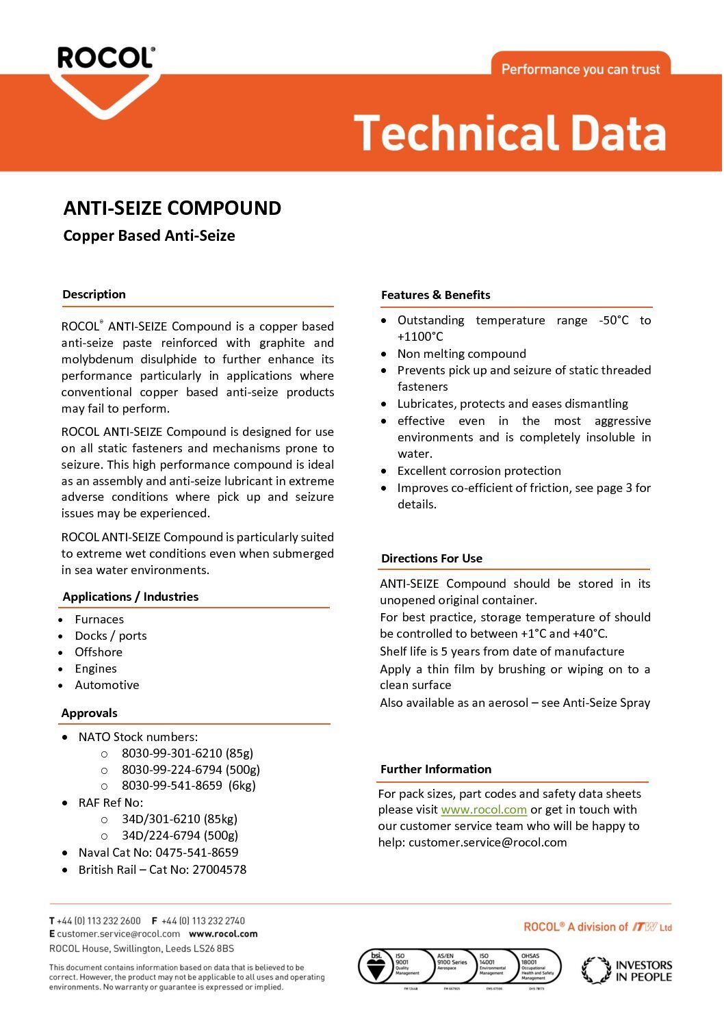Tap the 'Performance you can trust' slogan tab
click(x=580, y=69)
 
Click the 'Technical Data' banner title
click(x=510, y=133)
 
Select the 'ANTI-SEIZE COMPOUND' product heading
click(x=172, y=208)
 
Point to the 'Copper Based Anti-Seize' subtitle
click(x=149, y=235)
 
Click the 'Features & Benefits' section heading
click(x=435, y=295)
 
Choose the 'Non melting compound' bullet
click(x=461, y=354)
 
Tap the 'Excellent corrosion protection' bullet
click(x=479, y=471)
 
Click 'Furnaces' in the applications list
click(x=99, y=619)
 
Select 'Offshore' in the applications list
click(x=99, y=652)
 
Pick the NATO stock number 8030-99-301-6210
click(x=187, y=753)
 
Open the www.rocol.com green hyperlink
click(x=484, y=810)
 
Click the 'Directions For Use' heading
click(x=431, y=558)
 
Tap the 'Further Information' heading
click(x=435, y=769)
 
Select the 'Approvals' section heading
click(x=89, y=713)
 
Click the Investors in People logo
click(x=627, y=970)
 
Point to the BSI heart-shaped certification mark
click(x=375, y=967)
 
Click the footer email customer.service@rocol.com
click(x=118, y=934)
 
